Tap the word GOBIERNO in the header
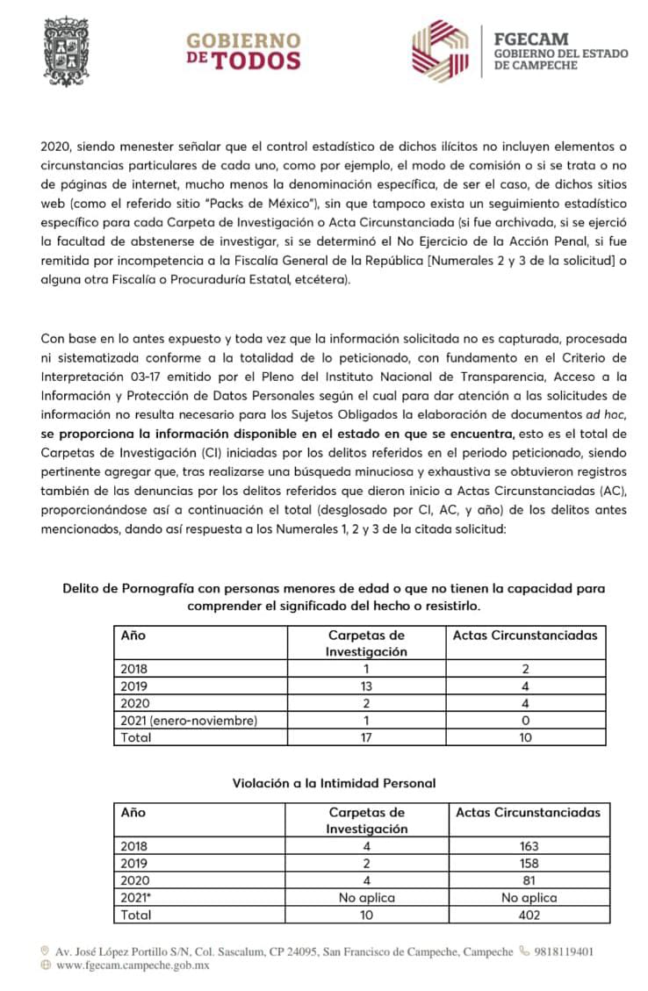point(242,40)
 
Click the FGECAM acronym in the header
point(531,39)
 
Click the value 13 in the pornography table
point(366,686)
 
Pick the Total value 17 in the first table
point(366,736)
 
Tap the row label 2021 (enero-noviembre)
point(189,720)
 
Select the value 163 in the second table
point(528,846)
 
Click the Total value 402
point(528,914)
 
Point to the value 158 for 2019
point(528,863)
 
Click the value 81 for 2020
point(528,880)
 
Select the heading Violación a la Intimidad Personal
point(334,782)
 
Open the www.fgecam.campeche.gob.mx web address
point(133,965)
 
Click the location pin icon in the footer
point(45,951)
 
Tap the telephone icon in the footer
point(524,951)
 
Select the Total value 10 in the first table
point(525,736)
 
